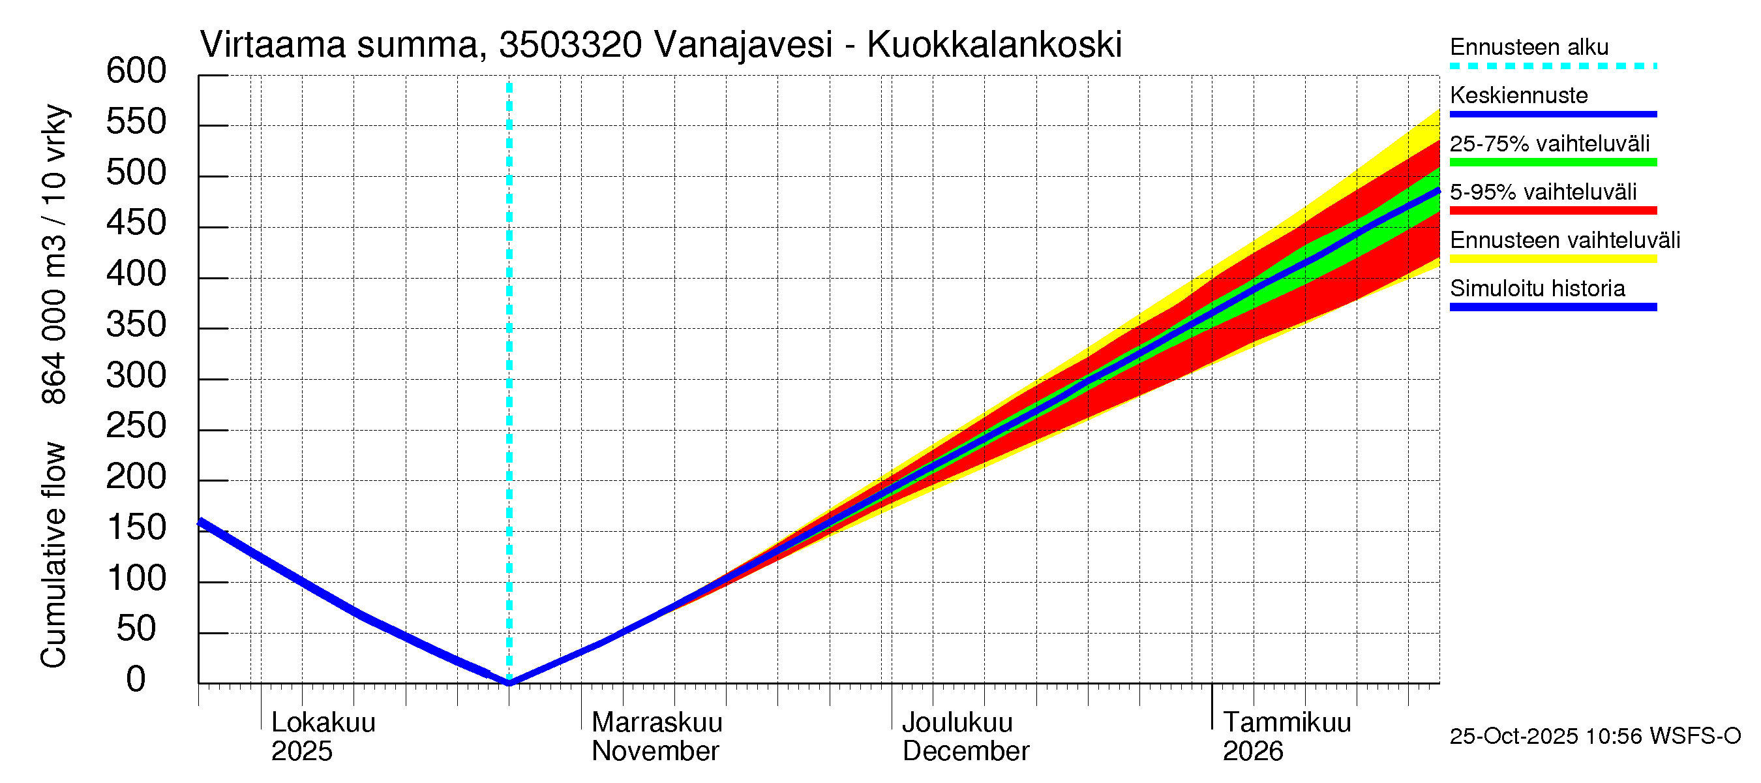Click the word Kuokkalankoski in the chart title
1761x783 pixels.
(994, 45)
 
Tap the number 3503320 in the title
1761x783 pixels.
(570, 45)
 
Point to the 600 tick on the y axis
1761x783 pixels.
(136, 71)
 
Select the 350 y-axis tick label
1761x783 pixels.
(136, 325)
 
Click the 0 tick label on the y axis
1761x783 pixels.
(136, 680)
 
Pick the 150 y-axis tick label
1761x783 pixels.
(136, 528)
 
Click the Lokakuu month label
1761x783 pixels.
(324, 722)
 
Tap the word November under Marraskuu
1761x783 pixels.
(655, 751)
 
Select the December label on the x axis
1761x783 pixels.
(965, 751)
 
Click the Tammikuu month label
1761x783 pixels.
(1287, 722)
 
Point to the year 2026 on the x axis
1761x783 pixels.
(1252, 751)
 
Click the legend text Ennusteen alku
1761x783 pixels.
(1529, 47)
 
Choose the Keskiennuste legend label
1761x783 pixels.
(1518, 95)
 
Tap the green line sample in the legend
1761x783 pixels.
(1552, 162)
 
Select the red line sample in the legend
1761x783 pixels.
(1552, 210)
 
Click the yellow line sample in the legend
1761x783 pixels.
(1552, 258)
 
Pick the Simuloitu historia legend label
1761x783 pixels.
(1537, 288)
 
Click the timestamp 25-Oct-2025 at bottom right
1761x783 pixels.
(1514, 736)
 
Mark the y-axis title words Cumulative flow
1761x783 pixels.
(53, 555)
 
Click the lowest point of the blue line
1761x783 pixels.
(509, 682)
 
